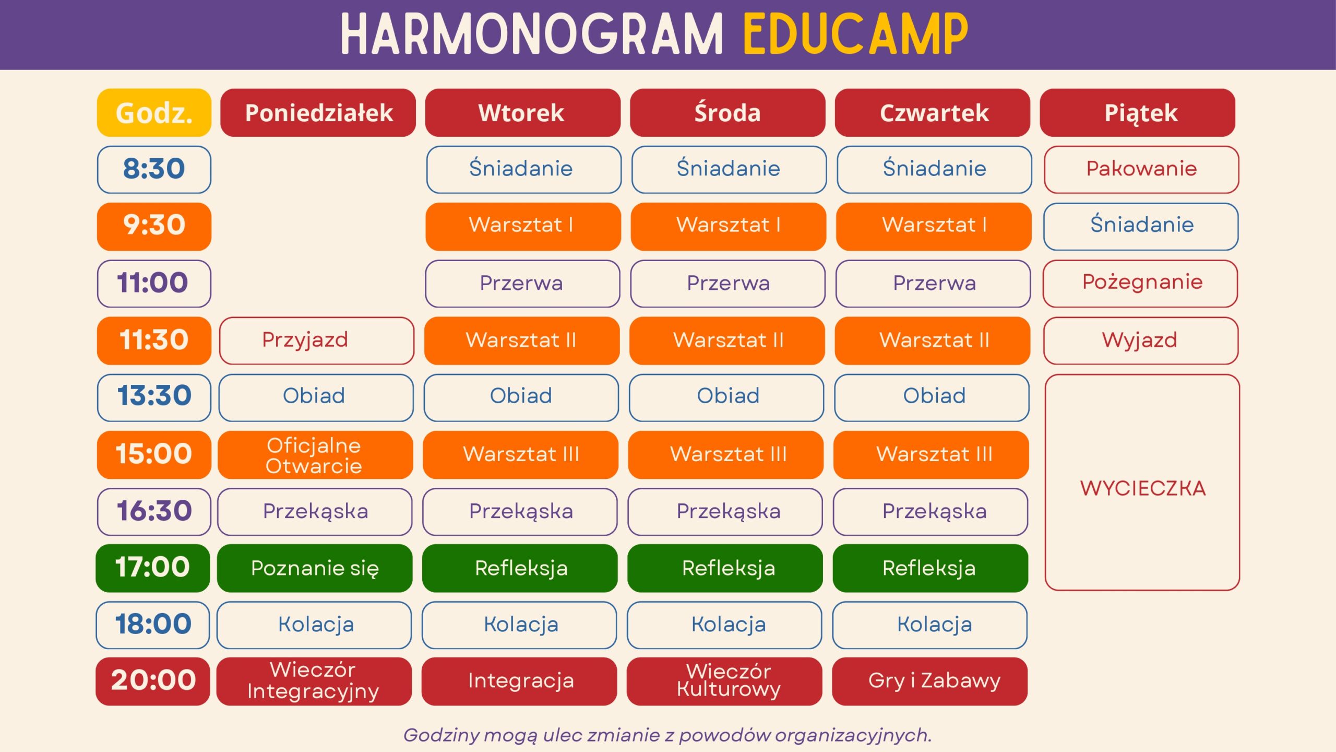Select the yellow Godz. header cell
pyautogui.click(x=154, y=113)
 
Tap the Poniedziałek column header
pyautogui.click(x=318, y=113)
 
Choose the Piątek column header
pyautogui.click(x=1138, y=113)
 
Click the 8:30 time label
pyautogui.click(x=154, y=169)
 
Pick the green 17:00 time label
pyautogui.click(x=153, y=568)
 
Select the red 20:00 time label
pyautogui.click(x=153, y=681)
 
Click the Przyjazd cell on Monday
pyautogui.click(x=317, y=340)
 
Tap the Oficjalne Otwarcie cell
pyautogui.click(x=315, y=455)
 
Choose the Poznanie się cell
pyautogui.click(x=315, y=568)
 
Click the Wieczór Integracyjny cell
pyautogui.click(x=314, y=681)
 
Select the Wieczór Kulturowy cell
pyautogui.click(x=724, y=681)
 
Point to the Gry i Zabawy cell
pyautogui.click(x=930, y=681)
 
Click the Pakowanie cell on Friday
pyautogui.click(x=1141, y=169)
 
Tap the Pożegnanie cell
pyautogui.click(x=1140, y=284)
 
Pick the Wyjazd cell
pyautogui.click(x=1141, y=340)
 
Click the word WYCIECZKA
pyautogui.click(x=1143, y=489)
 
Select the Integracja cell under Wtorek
pyautogui.click(x=519, y=681)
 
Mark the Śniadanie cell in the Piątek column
pyautogui.click(x=1141, y=227)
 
